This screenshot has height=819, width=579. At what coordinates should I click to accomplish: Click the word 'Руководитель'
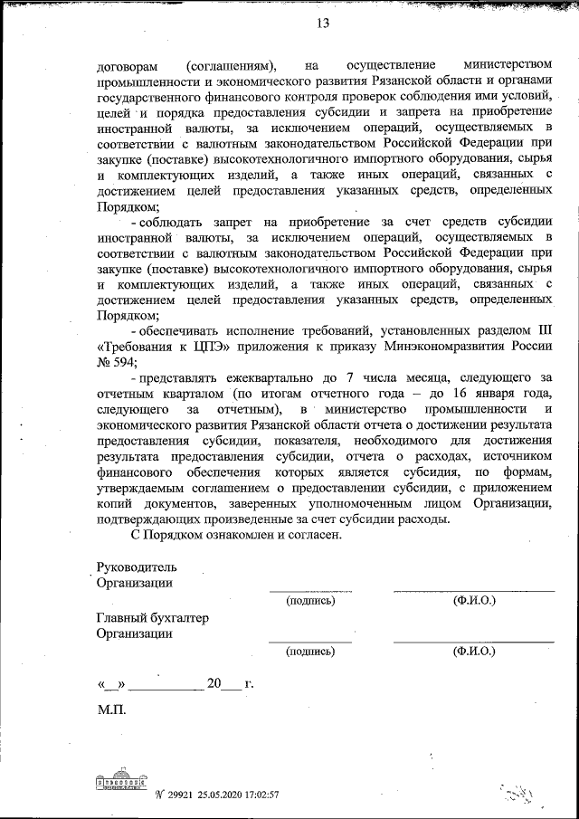[135, 567]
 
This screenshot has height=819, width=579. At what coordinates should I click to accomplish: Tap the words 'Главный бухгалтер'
[152, 618]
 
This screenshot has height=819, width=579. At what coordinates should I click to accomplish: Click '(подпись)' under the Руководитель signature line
[309, 601]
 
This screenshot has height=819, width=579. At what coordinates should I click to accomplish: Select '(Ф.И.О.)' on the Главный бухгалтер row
[474, 652]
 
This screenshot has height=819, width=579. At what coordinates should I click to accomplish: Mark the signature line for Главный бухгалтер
[309, 641]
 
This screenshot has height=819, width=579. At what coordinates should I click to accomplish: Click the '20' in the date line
[214, 683]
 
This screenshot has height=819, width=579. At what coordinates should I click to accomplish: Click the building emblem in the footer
[120, 781]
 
